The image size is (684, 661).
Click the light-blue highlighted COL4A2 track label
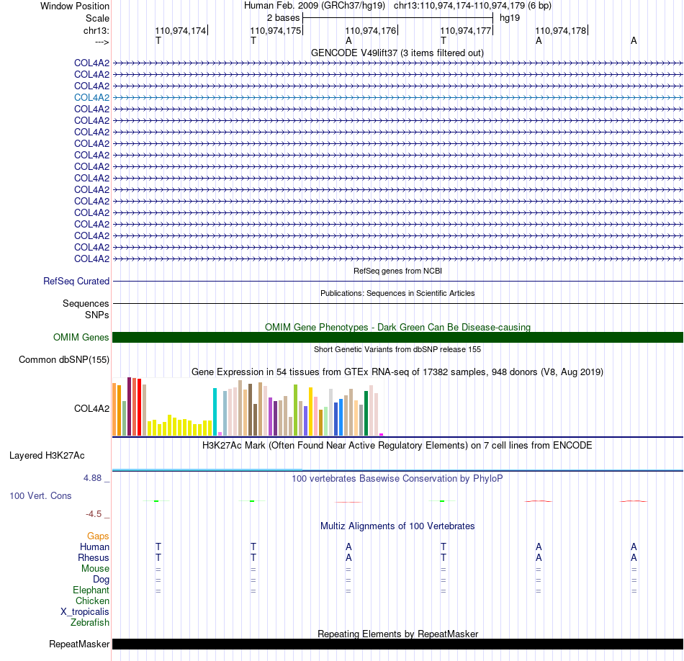point(91,98)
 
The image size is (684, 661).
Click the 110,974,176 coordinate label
point(370,30)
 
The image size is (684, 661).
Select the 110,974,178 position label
point(561,30)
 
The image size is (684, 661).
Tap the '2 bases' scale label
point(284,18)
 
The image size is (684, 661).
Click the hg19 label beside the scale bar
point(510,18)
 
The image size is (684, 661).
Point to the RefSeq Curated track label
point(76,281)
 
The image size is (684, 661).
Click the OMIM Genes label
point(81,337)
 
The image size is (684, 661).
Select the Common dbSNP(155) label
point(64,359)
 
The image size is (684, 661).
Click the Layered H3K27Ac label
point(47,456)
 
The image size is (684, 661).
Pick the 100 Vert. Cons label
point(40,495)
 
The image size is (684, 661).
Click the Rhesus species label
point(94,557)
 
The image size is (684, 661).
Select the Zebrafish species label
point(90,623)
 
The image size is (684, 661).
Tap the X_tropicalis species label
point(85,612)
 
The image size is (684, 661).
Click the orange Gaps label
point(98,536)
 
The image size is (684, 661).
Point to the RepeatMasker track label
point(79,644)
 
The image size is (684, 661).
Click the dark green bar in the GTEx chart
point(366,413)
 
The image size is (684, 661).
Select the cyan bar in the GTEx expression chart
point(215,411)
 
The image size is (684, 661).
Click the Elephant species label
point(91,590)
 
